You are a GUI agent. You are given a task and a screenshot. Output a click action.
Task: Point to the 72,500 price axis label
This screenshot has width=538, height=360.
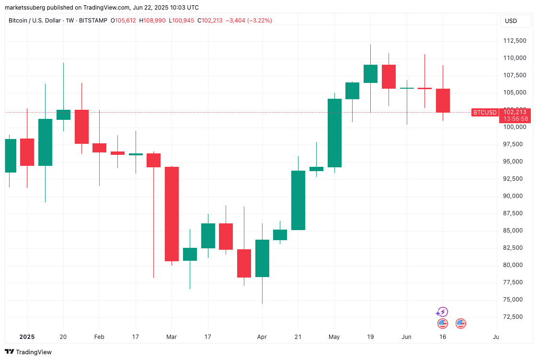click(x=514, y=317)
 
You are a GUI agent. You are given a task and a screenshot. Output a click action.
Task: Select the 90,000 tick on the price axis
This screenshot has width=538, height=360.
click(x=514, y=196)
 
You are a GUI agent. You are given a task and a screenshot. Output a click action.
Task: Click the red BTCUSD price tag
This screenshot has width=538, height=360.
click(x=484, y=113)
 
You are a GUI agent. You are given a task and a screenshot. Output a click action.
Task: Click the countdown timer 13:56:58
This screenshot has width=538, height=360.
click(x=515, y=119)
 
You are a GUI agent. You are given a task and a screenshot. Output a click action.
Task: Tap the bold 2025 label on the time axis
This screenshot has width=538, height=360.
click(x=27, y=337)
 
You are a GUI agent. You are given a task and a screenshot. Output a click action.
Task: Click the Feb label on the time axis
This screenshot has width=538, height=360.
click(x=99, y=337)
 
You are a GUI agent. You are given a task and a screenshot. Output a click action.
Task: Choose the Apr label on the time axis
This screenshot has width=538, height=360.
click(x=262, y=337)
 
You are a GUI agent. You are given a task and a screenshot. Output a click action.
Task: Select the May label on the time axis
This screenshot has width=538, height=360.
click(x=334, y=337)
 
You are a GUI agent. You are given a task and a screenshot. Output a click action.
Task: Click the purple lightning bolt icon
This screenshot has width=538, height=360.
click(x=443, y=312)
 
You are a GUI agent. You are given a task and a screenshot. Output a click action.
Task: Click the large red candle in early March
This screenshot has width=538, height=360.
click(x=172, y=214)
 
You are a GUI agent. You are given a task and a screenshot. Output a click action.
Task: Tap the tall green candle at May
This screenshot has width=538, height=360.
click(x=334, y=133)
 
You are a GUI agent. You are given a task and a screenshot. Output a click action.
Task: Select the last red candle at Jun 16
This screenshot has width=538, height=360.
click(x=443, y=101)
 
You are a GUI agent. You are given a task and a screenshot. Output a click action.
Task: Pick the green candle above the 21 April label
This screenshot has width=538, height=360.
click(x=298, y=200)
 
